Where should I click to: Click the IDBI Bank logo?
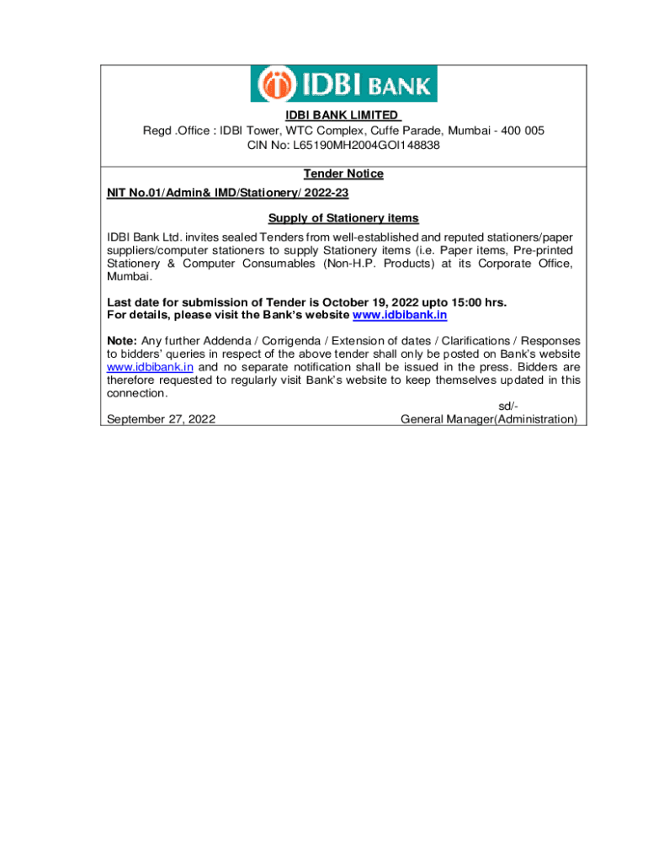coord(343,84)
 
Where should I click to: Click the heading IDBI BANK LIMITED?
coord(342,115)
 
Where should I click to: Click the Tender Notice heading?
coord(343,174)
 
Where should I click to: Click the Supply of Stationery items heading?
coord(343,219)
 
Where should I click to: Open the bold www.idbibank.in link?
coord(399,315)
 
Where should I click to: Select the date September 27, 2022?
coord(160,419)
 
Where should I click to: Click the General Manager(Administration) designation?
coord(489,419)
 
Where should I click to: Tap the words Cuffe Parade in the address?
coord(409,130)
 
